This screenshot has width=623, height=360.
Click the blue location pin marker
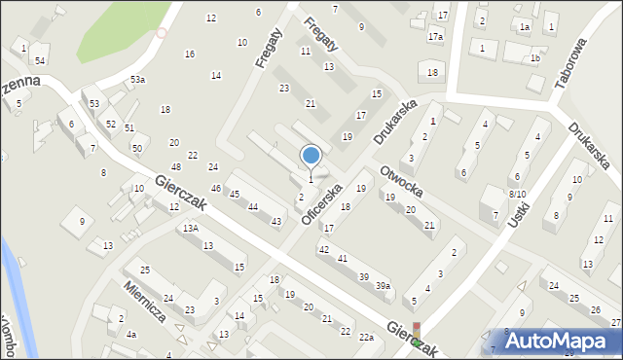click(311, 156)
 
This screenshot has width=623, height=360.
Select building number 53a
click(138, 80)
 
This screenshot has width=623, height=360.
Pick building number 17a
click(435, 37)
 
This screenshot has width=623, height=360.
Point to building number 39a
click(384, 285)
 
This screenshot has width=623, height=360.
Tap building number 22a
click(365, 337)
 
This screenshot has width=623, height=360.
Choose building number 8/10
click(517, 195)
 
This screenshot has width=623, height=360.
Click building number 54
click(40, 60)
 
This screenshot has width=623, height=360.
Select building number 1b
click(534, 58)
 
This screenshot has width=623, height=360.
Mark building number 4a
click(131, 335)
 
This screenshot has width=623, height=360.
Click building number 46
click(216, 188)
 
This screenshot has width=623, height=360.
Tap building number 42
click(324, 250)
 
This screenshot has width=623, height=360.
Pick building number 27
click(615, 322)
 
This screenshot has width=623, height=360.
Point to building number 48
click(176, 167)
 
